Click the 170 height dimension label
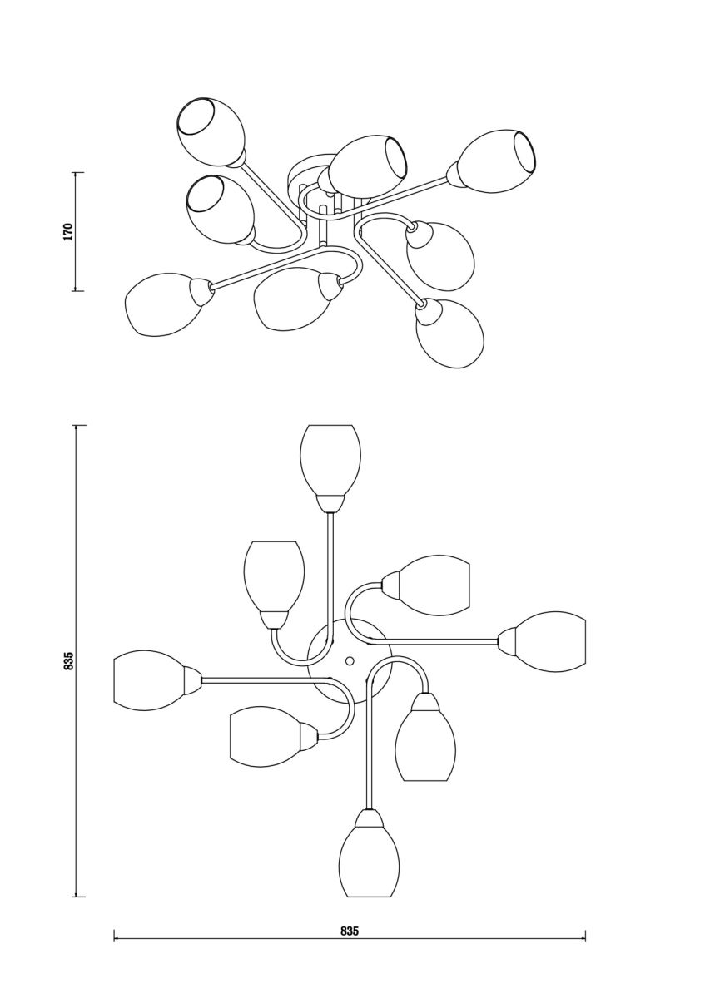[67, 232]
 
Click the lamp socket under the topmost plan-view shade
[330, 503]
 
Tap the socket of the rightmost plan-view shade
[507, 641]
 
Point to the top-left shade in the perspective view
[210, 131]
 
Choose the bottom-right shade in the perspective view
[449, 333]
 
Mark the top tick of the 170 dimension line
[79, 172]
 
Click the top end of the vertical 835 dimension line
[79, 426]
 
